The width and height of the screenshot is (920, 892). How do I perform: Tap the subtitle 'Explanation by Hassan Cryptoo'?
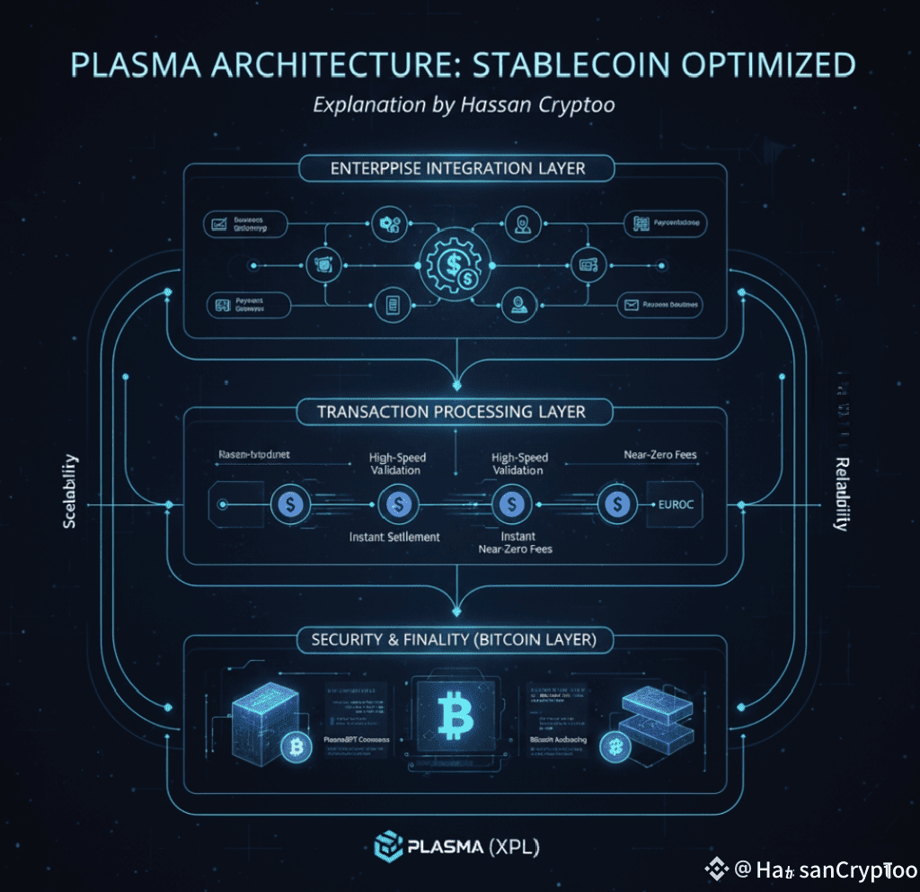[463, 104]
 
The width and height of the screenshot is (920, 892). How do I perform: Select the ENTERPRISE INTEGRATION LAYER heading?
[458, 167]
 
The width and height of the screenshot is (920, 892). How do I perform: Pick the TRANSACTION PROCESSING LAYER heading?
[451, 412]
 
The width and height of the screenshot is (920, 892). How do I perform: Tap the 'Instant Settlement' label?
[394, 537]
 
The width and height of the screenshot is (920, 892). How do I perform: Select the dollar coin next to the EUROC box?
[617, 505]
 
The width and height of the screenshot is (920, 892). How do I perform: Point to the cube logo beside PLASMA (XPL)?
[387, 845]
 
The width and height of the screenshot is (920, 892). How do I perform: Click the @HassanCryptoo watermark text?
[825, 870]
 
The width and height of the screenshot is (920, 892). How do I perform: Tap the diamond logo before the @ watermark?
[717, 869]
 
